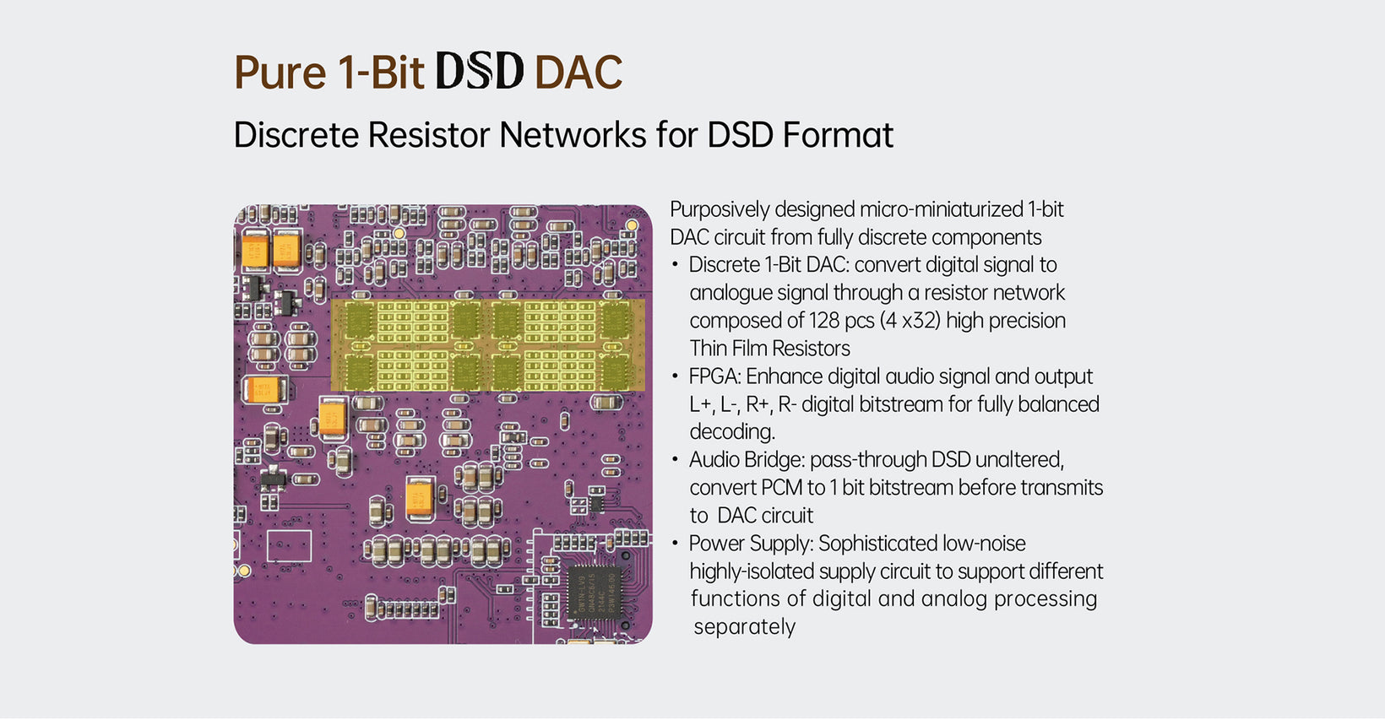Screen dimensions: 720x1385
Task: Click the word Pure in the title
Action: pyautogui.click(x=280, y=73)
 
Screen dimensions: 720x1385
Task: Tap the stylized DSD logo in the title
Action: pyautogui.click(x=480, y=71)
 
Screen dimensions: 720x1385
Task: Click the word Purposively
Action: pyautogui.click(x=720, y=209)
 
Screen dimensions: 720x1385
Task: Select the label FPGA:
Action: pyautogui.click(x=714, y=376)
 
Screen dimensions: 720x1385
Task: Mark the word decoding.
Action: pyautogui.click(x=731, y=432)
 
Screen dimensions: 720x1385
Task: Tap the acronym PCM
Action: pyautogui.click(x=782, y=488)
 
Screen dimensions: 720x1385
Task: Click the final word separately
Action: pyautogui.click(x=744, y=627)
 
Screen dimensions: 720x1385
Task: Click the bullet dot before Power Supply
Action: pyautogui.click(x=675, y=544)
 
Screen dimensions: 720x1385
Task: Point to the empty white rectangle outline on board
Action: pyautogui.click(x=289, y=546)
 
